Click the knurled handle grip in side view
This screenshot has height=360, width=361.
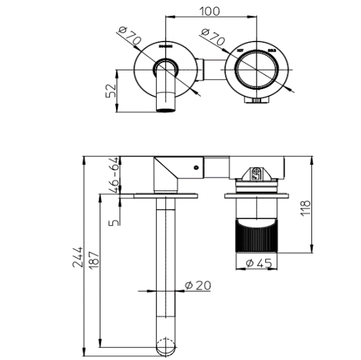point(259,236)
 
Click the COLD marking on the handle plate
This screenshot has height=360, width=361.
point(272,50)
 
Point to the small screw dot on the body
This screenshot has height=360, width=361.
point(196,168)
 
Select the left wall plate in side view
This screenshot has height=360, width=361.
point(165,195)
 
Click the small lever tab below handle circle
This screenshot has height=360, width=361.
point(258,101)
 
